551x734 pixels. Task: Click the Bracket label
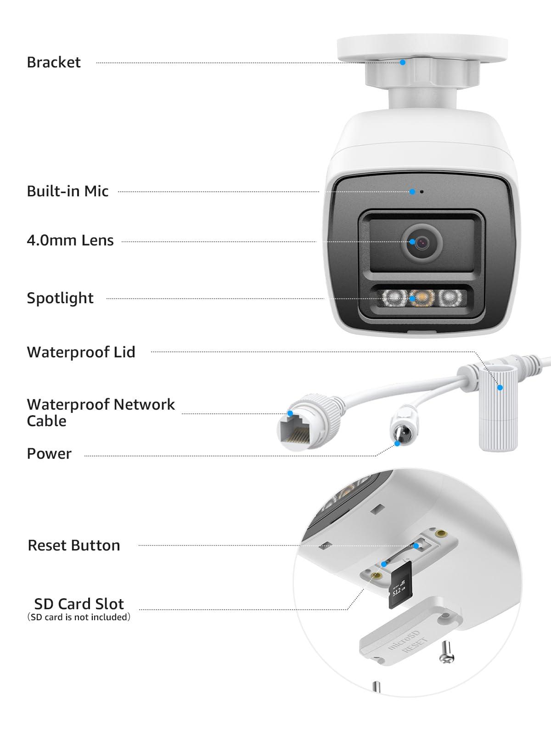coord(54,62)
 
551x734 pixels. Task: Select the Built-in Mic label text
coord(67,191)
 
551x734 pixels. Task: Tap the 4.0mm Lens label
coord(70,240)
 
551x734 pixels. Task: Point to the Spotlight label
coord(60,298)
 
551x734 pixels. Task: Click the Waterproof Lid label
coord(81,352)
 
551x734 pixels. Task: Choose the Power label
coord(49,454)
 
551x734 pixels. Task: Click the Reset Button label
coord(74,545)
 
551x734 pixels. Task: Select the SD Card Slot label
coord(79,604)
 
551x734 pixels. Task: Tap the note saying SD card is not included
coord(79,617)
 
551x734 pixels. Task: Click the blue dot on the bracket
coord(403,62)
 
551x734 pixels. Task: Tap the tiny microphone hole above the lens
coord(422,191)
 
